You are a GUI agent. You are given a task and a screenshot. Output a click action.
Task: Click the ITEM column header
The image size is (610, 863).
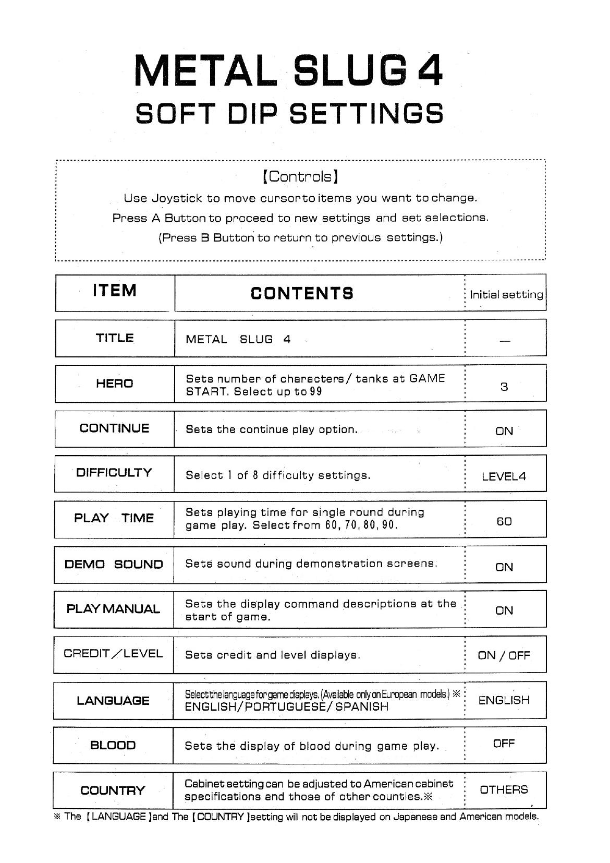pos(115,290)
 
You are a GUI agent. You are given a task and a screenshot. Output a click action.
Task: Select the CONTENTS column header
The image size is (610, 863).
pos(302,293)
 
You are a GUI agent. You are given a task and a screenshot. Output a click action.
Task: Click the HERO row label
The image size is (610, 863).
pos(115,384)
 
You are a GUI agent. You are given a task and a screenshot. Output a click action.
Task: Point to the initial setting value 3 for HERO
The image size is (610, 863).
pos(504,387)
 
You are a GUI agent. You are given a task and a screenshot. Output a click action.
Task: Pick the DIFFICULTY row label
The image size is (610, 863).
pos(114,473)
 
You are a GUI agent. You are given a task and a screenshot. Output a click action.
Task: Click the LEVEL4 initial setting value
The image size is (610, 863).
pos(504,476)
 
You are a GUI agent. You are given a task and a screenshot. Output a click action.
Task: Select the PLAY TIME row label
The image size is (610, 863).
pos(114,518)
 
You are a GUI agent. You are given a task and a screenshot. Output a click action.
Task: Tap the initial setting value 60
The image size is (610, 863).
pos(504,521)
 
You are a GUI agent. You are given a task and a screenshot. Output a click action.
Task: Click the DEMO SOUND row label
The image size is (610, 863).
pos(114,564)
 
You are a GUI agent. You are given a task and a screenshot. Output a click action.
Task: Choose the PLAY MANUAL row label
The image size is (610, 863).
pos(113,609)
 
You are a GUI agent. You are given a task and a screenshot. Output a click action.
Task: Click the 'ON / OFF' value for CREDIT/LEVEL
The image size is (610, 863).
pos(504,655)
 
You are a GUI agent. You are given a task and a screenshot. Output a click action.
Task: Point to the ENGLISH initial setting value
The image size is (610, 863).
pos(504,700)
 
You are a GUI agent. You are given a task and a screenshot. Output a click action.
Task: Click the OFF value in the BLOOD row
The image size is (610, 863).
pos(504,744)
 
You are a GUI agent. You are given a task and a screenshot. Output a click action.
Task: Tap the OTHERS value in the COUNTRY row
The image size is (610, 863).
pos(504,789)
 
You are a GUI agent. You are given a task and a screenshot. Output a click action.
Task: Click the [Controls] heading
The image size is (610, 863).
pos(301,176)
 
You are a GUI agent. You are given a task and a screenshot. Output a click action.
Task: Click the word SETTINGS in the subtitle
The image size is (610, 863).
pos(367,113)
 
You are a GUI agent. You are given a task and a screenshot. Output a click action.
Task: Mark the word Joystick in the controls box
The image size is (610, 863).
pos(177,198)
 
